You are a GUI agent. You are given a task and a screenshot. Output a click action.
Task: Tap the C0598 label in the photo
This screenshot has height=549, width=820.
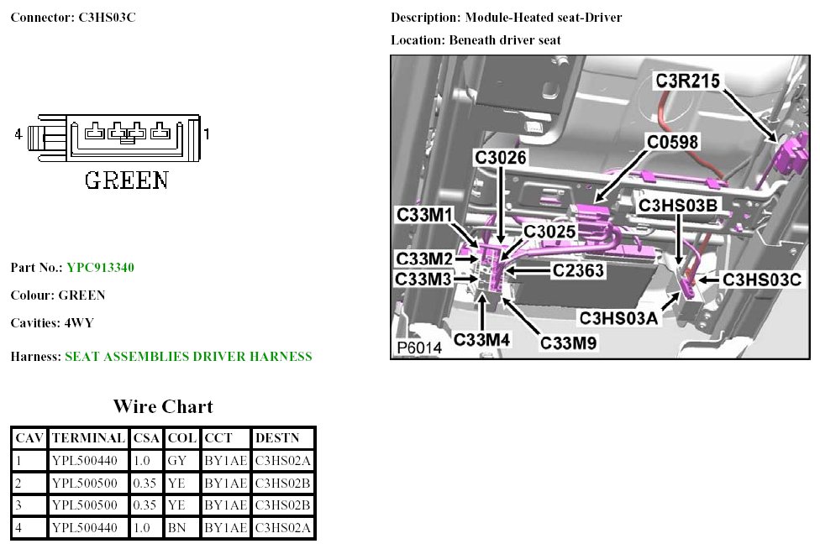pos(672,142)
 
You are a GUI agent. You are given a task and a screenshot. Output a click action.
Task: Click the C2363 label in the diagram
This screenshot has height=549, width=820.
pos(581,270)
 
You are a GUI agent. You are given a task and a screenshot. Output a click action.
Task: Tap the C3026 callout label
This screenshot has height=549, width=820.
pos(502,157)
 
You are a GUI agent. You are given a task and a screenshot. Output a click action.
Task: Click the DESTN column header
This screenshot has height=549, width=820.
pos(273,438)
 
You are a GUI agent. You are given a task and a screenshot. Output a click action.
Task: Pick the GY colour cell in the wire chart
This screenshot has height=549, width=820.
pos(176,460)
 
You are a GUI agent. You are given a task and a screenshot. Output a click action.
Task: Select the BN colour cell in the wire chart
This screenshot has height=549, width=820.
pos(176,527)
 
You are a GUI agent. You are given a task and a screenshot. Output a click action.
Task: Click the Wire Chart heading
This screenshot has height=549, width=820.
pos(163,407)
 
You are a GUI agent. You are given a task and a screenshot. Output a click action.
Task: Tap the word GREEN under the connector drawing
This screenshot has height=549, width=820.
pos(127,180)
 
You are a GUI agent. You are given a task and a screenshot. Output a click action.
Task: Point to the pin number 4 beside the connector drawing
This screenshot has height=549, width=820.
pos(18,133)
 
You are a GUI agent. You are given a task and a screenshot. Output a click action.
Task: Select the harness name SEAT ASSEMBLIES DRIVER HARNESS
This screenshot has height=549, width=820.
pos(188,357)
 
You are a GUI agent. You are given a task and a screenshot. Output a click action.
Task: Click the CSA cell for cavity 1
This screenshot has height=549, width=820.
pos(143,460)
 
